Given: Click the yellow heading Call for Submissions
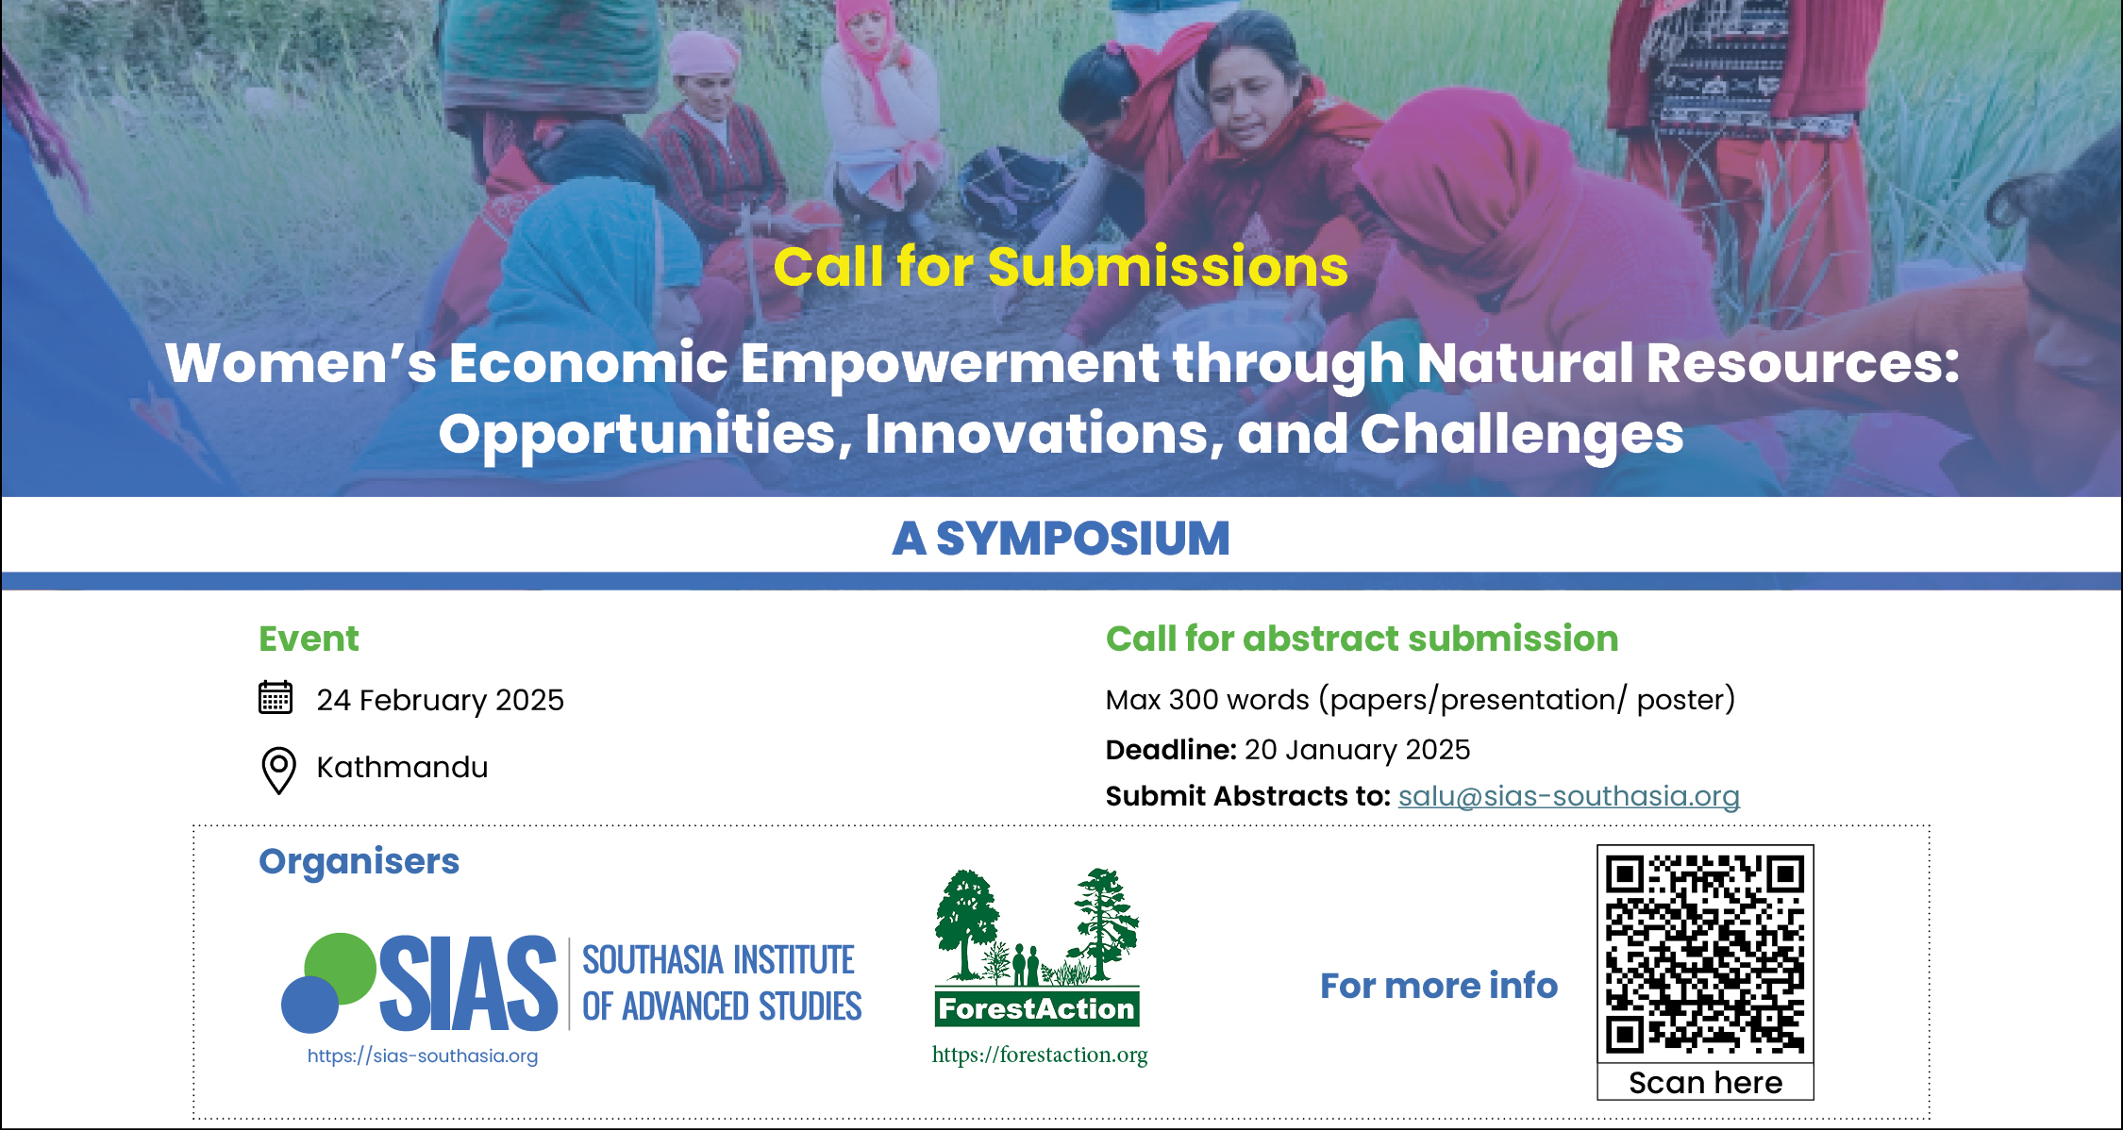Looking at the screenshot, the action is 1061,266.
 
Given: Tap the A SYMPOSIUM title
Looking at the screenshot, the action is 1061,539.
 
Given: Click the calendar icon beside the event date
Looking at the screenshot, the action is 276,698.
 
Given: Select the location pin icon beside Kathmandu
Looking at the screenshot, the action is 278,770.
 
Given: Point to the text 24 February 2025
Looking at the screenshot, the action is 440,700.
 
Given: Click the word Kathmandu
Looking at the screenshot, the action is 402,767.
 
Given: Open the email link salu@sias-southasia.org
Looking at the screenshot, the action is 1568,796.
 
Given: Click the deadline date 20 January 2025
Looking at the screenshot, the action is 1357,750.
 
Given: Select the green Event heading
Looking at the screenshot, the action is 309,639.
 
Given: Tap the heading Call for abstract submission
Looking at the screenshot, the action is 1362,639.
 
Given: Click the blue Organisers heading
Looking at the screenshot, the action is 359,862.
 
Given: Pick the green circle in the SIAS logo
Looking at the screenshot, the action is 341,968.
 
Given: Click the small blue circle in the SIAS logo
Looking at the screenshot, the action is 309,1005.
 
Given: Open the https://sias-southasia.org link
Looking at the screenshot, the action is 423,1055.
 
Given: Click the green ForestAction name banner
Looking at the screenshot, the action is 1037,1008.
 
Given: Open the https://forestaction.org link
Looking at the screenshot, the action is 1040,1055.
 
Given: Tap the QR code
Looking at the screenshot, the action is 1705,955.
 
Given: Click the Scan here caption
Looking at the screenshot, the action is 1705,1083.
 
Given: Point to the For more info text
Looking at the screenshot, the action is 1439,986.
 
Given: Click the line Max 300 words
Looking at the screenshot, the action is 1420,700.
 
